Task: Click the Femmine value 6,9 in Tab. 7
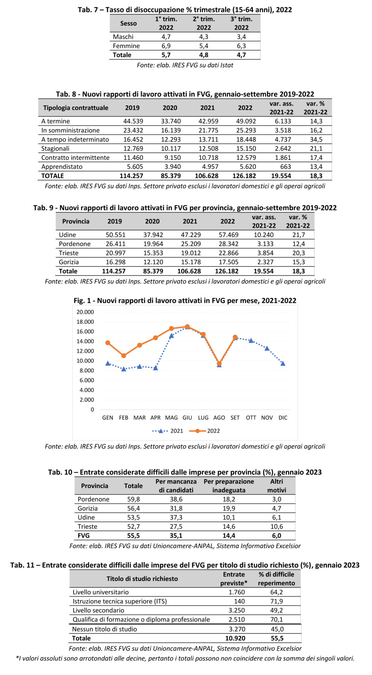[x=166, y=46]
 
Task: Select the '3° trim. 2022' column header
[x=241, y=23]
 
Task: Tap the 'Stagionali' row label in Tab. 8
[x=55, y=148]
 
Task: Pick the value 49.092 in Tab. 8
[x=246, y=121]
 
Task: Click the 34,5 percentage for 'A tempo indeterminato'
[x=316, y=139]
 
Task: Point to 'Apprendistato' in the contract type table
[x=62, y=167]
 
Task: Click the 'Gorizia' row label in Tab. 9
[x=69, y=262]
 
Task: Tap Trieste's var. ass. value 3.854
[x=264, y=253]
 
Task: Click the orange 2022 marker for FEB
[x=124, y=356]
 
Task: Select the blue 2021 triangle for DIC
[x=283, y=364]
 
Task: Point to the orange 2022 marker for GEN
[x=108, y=343]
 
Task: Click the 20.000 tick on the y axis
[x=85, y=312]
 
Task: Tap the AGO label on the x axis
[x=219, y=418]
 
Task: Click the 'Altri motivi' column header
[x=276, y=486]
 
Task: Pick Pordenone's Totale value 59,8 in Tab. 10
[x=133, y=499]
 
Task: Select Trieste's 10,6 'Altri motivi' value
[x=277, y=526]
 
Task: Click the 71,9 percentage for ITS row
[x=277, y=601]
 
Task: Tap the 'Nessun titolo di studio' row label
[x=104, y=629]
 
